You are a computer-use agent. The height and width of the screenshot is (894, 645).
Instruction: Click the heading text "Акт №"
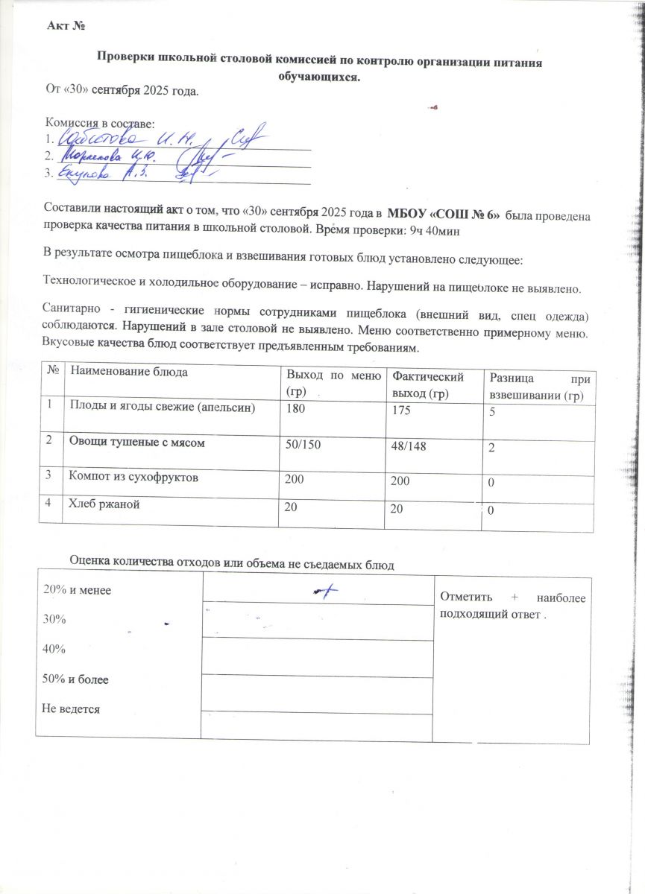click(66, 27)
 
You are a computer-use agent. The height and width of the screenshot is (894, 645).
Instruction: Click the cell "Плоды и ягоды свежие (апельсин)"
click(162, 406)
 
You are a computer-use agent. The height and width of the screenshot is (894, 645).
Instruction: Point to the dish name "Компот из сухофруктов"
click(133, 478)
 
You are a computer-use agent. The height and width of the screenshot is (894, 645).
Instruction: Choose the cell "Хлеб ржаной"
click(104, 504)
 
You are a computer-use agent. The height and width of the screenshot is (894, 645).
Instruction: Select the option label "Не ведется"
click(72, 709)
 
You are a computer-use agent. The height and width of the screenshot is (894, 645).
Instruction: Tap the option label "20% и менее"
click(77, 589)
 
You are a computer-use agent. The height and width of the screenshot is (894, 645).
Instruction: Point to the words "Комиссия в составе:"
click(99, 123)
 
